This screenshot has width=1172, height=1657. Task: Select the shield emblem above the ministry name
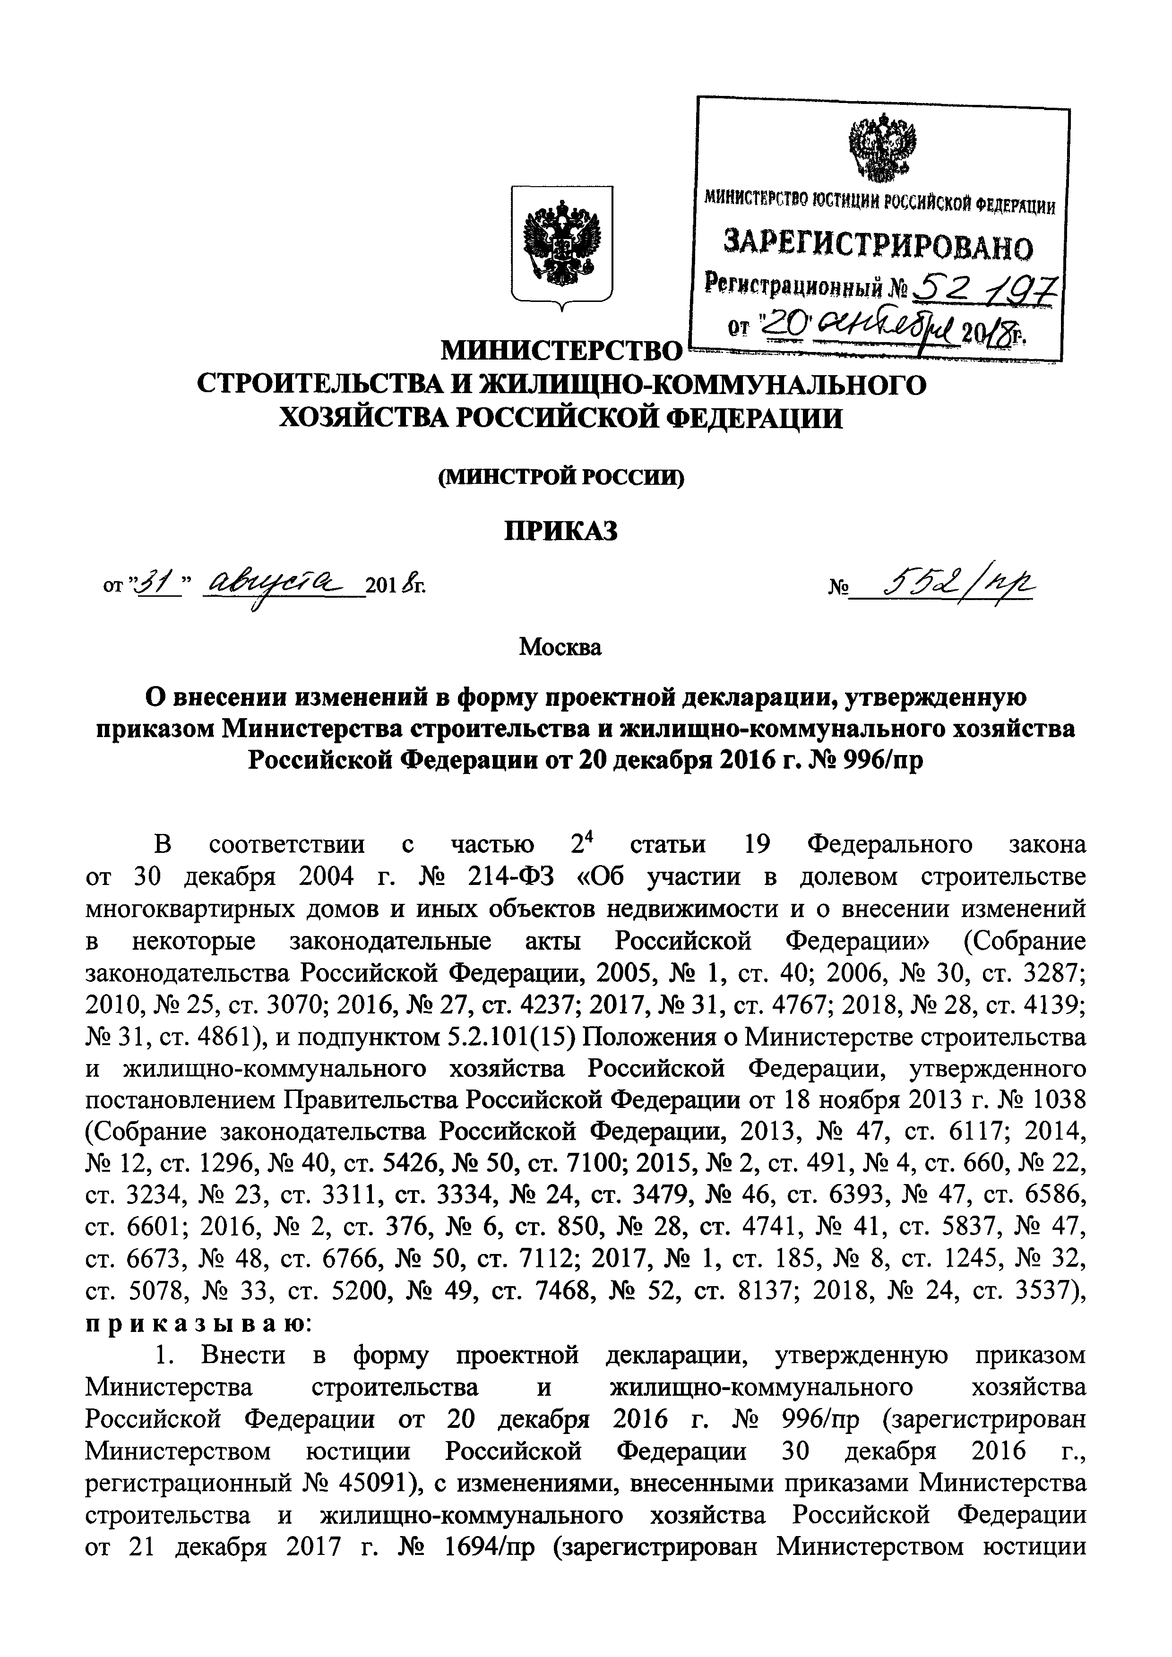562,246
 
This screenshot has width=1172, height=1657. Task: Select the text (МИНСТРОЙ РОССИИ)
561,476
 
